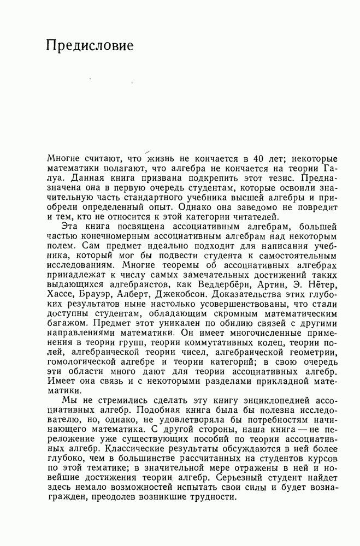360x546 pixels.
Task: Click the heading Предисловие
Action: pyautogui.click(x=90, y=45)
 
